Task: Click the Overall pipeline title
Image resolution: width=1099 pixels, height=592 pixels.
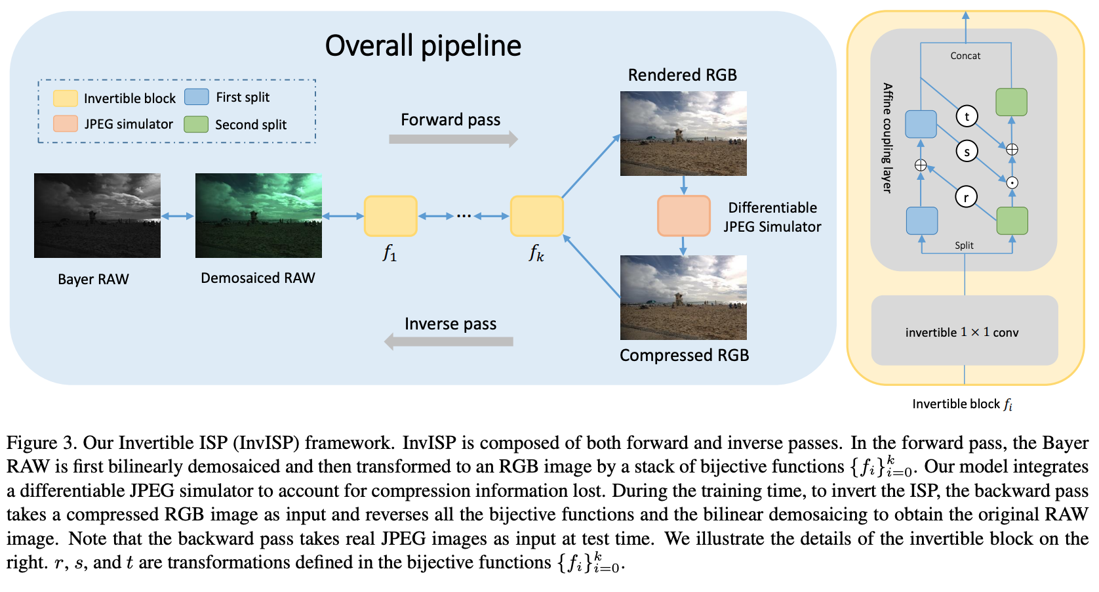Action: coord(423,46)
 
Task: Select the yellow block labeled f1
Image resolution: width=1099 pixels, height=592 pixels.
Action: coord(391,216)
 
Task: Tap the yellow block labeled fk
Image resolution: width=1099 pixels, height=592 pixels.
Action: coord(536,216)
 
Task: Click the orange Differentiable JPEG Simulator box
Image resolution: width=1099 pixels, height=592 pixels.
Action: coord(684,216)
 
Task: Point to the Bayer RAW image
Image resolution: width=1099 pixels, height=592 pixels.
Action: coord(97,215)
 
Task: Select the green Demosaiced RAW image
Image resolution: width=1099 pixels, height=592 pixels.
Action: coord(258,215)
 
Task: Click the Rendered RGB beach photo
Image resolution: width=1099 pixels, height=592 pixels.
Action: coord(683,133)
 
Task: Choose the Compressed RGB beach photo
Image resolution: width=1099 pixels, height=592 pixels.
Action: coord(683,297)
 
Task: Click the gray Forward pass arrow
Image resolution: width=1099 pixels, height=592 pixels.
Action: coord(452,139)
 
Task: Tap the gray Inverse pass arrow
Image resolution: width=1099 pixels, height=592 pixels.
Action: coord(449,341)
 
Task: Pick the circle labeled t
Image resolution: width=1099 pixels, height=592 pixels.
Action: coord(967,116)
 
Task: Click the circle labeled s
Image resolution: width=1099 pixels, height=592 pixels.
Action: coord(967,151)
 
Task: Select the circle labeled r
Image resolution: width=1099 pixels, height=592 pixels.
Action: coord(966,196)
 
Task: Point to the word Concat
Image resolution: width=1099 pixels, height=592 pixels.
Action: coord(965,56)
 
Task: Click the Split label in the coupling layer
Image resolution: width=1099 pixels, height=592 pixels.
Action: coord(964,245)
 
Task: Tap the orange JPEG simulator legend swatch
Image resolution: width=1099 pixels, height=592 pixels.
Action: coord(66,124)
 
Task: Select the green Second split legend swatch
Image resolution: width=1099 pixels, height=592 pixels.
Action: coord(196,124)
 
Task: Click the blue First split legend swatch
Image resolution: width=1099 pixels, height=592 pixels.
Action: coord(197,97)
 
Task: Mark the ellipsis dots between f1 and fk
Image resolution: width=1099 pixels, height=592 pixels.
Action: coord(464,216)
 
